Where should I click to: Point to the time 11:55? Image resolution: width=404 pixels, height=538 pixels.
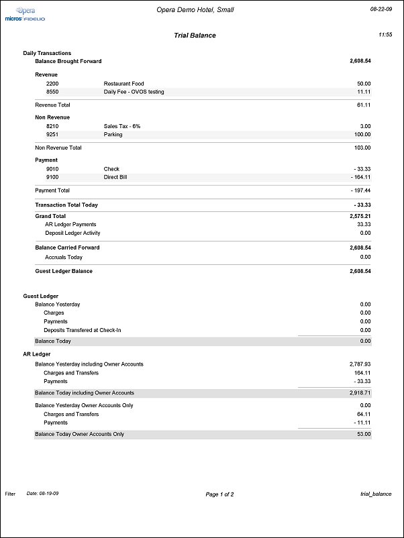(385, 34)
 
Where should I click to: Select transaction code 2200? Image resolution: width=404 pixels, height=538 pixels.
(52, 84)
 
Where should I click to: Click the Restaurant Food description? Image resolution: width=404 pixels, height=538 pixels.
(123, 84)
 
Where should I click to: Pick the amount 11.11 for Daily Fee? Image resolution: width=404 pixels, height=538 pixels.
(364, 92)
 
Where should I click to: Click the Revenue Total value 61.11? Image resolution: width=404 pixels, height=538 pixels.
(363, 105)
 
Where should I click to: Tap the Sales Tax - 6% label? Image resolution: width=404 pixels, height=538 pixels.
(122, 126)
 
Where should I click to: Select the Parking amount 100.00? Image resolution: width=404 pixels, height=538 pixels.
(362, 134)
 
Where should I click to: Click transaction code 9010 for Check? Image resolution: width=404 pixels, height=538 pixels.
(52, 169)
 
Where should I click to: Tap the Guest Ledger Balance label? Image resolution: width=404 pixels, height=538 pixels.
(64, 271)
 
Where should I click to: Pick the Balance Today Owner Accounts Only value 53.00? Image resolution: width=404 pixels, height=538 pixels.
(363, 435)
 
